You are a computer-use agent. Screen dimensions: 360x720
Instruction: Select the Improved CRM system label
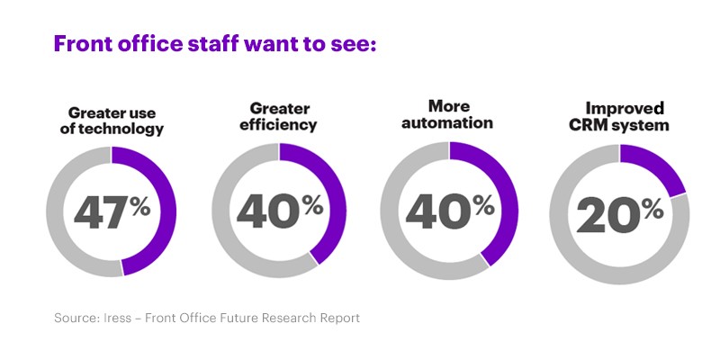pyautogui.click(x=619, y=117)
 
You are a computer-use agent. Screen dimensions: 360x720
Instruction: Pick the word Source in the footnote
pyautogui.click(x=76, y=318)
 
